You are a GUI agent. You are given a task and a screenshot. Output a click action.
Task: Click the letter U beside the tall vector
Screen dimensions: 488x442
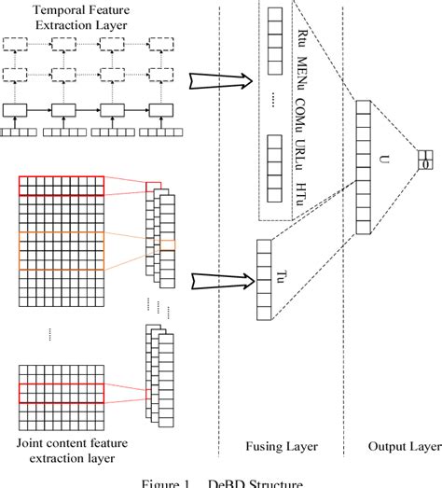point(383,160)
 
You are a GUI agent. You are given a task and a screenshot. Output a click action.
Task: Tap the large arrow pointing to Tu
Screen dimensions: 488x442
point(216,278)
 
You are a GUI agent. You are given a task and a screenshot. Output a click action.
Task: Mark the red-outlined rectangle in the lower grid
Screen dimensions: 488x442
point(62,390)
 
